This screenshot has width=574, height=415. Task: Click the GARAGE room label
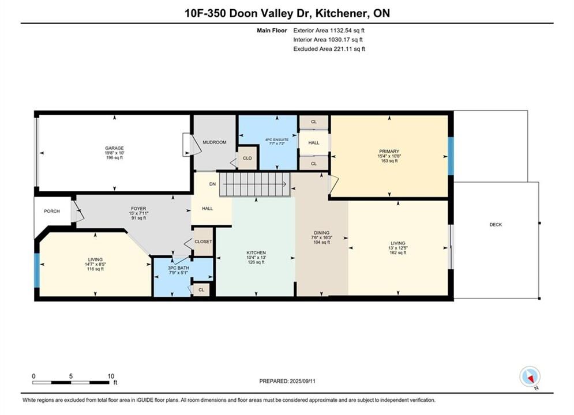114,148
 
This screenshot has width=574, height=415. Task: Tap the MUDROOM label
215,142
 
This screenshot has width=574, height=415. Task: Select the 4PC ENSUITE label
277,139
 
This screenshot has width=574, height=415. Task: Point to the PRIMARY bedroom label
389,151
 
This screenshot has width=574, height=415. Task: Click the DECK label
496,224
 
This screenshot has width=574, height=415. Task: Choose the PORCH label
51,211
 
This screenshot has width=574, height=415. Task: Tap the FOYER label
138,209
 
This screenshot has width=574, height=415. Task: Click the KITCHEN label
256,252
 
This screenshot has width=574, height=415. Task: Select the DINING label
321,232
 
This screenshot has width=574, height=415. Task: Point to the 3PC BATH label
178,268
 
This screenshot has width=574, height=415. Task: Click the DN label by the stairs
212,184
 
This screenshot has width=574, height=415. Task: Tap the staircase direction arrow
255,184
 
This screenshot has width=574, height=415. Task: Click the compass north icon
530,376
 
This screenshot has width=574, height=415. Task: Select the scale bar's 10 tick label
111,376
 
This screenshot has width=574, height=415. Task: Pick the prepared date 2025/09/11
302,381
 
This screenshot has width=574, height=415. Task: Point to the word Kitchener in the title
342,13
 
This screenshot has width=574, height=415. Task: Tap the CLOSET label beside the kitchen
203,242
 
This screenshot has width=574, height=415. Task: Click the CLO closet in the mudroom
247,158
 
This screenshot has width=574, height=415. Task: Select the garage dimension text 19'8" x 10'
114,153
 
